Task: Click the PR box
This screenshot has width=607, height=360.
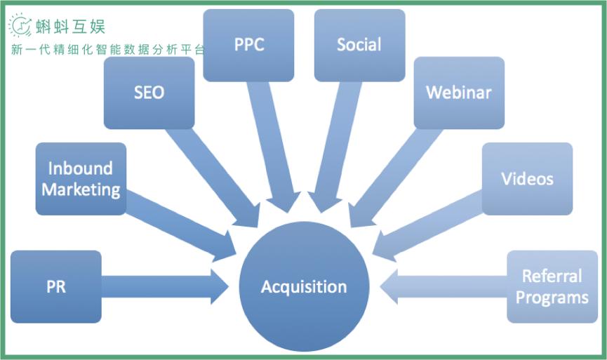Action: coord(56,287)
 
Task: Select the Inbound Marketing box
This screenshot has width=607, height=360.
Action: coord(81,179)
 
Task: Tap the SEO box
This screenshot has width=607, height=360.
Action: coord(149,93)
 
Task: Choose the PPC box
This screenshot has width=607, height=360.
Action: coord(248,45)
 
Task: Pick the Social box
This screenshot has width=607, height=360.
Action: coord(359,45)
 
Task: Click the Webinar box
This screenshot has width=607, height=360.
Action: coord(459,93)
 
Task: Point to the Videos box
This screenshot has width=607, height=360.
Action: coord(527,179)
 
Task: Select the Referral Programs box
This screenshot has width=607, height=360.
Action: coord(552,287)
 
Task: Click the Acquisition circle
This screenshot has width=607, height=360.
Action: coord(304,287)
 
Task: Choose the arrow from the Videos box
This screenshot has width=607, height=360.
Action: coord(428,225)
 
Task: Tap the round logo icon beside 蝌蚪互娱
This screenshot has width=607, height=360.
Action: coord(20,26)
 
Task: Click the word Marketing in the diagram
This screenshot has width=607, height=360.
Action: coord(81,189)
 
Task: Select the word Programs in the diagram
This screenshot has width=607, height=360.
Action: coord(552,298)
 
